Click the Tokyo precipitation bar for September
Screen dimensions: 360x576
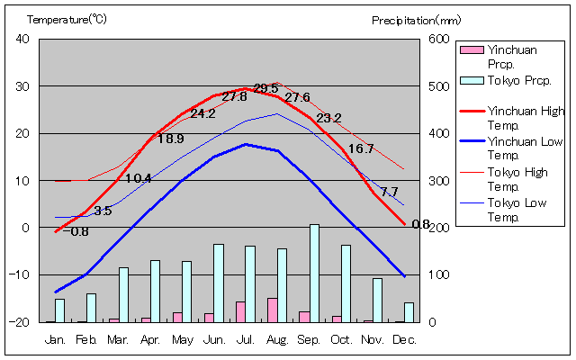click(x=315, y=273)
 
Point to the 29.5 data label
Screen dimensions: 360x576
click(x=266, y=88)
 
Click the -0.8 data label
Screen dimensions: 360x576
click(x=79, y=231)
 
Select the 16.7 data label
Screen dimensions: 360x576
click(x=361, y=148)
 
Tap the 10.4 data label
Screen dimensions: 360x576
click(x=139, y=178)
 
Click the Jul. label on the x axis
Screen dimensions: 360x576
click(x=246, y=339)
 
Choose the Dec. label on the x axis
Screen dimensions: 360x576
click(x=405, y=339)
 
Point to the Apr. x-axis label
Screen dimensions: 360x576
click(x=150, y=339)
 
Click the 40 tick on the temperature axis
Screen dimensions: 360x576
click(x=22, y=39)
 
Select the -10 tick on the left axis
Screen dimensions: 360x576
click(x=20, y=274)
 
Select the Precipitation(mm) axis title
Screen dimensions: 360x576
click(x=416, y=19)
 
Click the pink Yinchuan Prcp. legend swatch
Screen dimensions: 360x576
click(x=471, y=49)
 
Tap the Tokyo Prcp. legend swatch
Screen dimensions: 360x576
click(x=471, y=80)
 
